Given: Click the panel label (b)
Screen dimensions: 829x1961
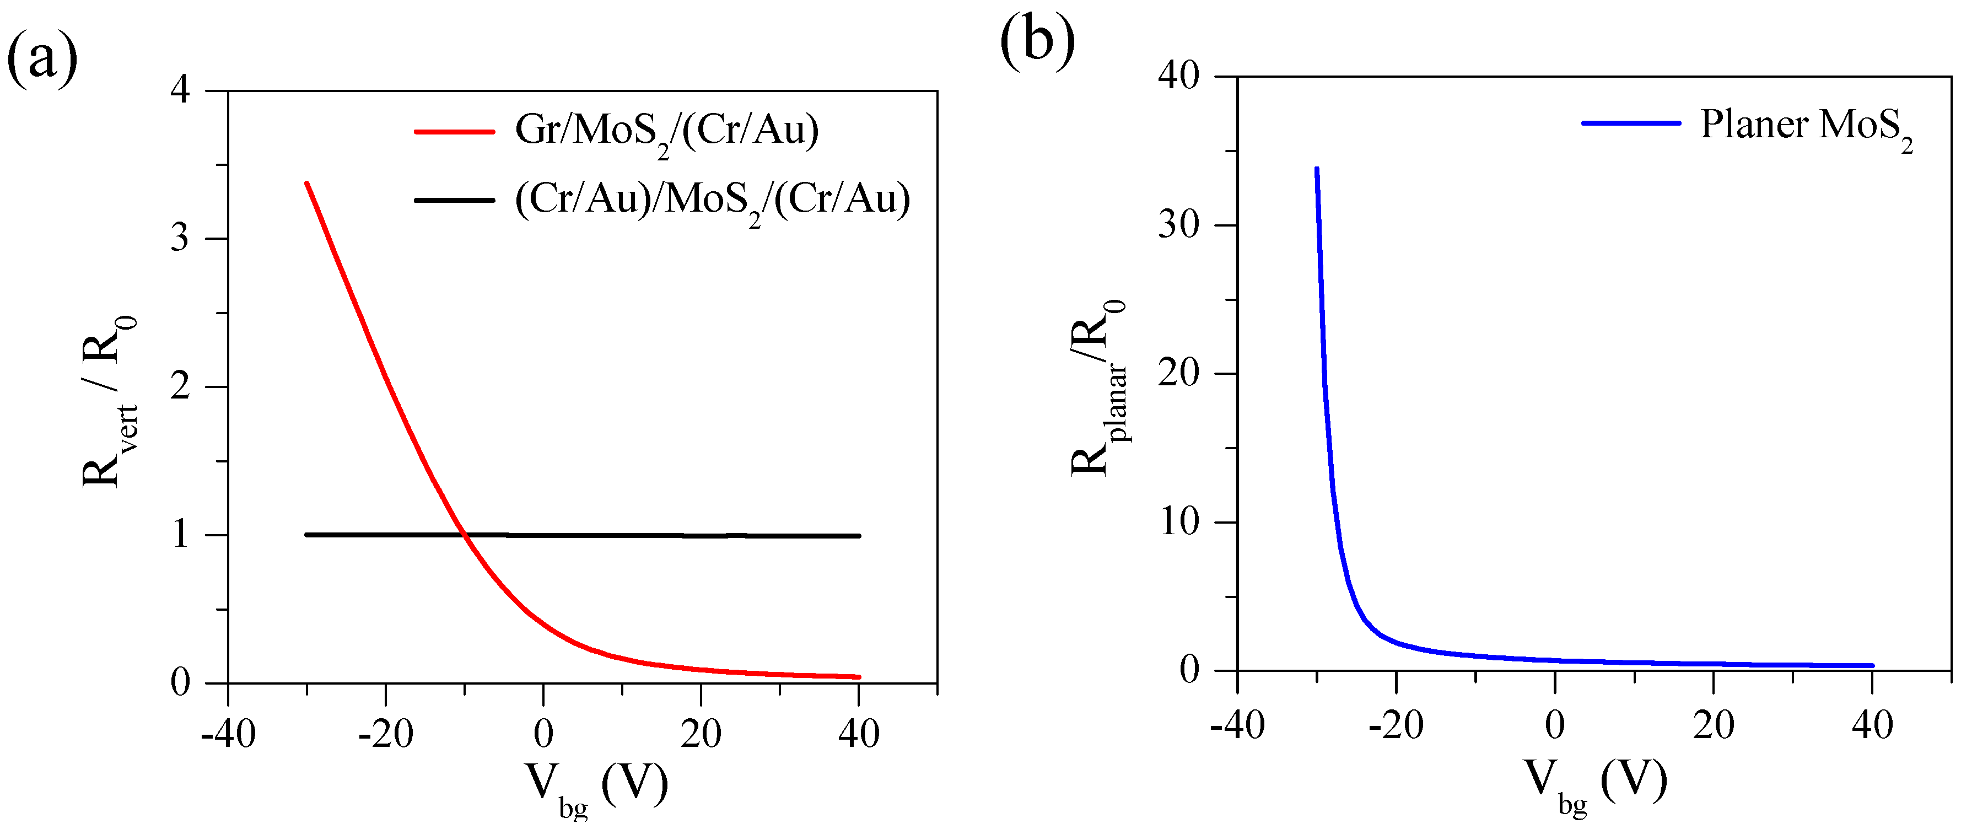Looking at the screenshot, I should tap(1037, 41).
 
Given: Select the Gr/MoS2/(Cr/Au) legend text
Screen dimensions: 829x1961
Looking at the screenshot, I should tap(667, 131).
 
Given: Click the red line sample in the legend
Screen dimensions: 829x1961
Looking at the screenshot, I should tap(455, 132).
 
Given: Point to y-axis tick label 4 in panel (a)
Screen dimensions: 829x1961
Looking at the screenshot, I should tap(180, 90).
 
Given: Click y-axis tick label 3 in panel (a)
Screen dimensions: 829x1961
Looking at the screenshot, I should tap(180, 238).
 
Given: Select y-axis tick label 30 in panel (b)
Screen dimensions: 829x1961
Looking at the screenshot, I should tap(1178, 225).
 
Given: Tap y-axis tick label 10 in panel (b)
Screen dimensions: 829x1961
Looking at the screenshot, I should tap(1178, 522).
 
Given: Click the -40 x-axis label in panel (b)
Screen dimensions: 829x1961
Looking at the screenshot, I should tap(1237, 725).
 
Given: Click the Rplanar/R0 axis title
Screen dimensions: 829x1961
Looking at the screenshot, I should tap(1098, 388).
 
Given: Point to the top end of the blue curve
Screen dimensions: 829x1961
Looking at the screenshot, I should tap(1316, 169).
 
